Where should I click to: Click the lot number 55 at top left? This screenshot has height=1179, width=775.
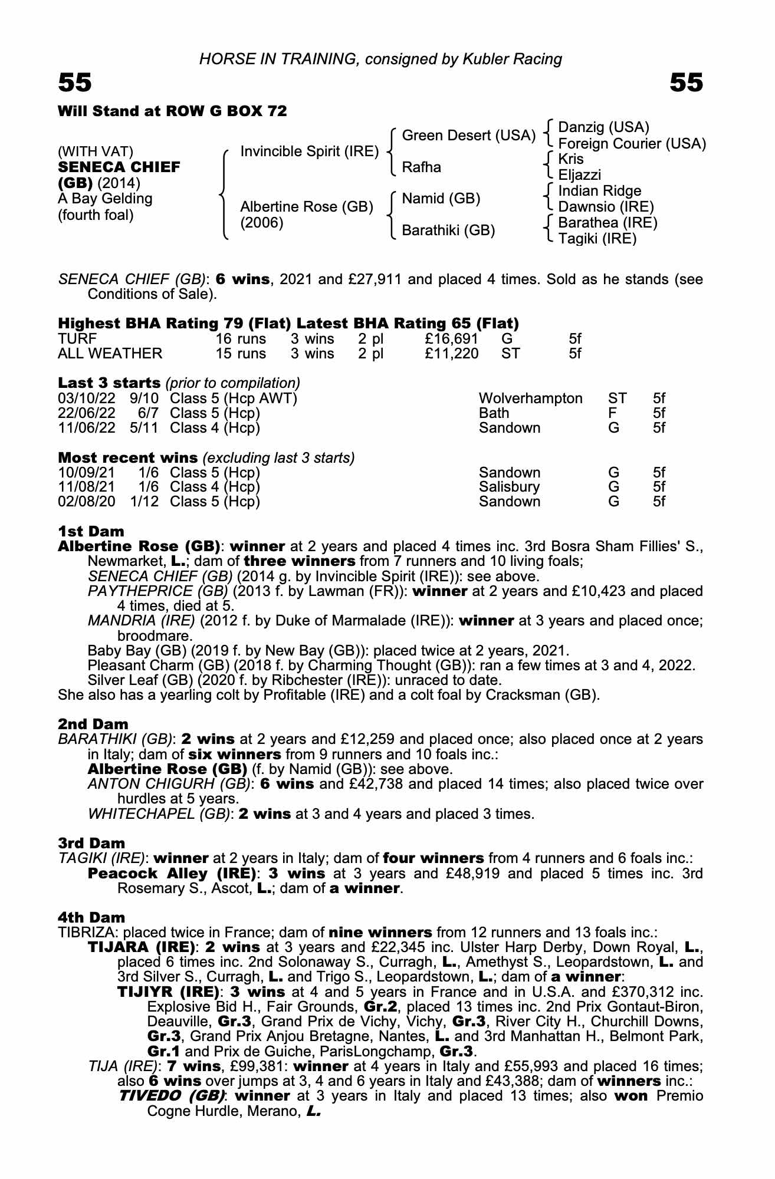tap(75, 83)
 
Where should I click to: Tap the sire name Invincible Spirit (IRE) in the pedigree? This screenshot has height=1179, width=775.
tap(309, 152)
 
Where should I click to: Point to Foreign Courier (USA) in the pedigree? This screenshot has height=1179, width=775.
tap(632, 143)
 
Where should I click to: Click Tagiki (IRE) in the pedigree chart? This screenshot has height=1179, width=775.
tap(597, 239)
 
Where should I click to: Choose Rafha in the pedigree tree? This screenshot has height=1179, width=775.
tap(421, 167)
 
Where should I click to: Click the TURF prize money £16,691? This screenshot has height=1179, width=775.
tap(451, 339)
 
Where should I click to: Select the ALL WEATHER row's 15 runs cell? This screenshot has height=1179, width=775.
tap(241, 354)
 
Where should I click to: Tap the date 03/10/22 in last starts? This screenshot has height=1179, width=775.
tap(87, 399)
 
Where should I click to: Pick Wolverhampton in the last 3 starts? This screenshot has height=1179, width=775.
tap(530, 399)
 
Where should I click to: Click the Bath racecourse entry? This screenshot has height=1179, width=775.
tap(494, 413)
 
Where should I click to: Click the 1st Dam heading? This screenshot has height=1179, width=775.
tap(91, 532)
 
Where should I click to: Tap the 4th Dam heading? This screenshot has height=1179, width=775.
tap(91, 917)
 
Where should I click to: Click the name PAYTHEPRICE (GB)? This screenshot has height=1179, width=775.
tap(157, 591)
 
